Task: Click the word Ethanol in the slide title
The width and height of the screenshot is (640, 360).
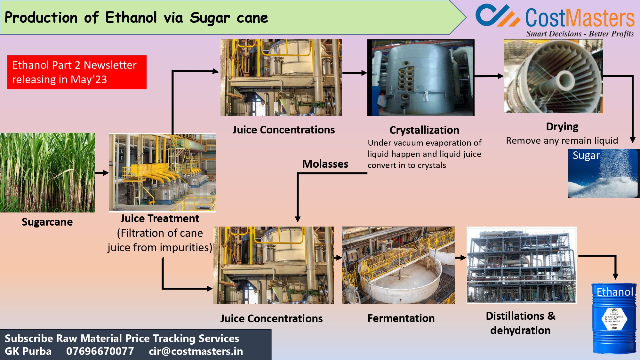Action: pyautogui.click(x=131, y=18)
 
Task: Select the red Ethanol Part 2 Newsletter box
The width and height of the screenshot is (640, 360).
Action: pyautogui.click(x=77, y=72)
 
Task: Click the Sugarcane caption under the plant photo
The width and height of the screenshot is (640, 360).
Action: pyautogui.click(x=47, y=222)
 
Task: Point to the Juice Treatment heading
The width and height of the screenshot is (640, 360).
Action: pyautogui.click(x=160, y=219)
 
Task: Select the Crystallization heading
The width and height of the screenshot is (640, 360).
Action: pyautogui.click(x=424, y=130)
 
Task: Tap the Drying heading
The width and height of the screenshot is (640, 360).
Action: pyautogui.click(x=562, y=127)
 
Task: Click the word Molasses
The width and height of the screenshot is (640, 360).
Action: pyautogui.click(x=325, y=164)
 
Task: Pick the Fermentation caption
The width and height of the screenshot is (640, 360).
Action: pyautogui.click(x=401, y=318)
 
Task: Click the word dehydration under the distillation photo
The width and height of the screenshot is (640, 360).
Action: pyautogui.click(x=520, y=330)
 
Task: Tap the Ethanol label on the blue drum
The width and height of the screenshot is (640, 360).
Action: pyautogui.click(x=614, y=292)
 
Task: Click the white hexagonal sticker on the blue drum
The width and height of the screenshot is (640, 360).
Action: pyautogui.click(x=614, y=319)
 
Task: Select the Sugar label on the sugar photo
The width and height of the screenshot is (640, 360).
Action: pyautogui.click(x=586, y=155)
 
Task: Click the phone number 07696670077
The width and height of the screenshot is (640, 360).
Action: pyautogui.click(x=100, y=351)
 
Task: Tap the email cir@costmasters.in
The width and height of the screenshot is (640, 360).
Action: pyautogui.click(x=196, y=351)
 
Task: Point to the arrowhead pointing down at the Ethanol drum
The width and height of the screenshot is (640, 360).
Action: pyautogui.click(x=615, y=276)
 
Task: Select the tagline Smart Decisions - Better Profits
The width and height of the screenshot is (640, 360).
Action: pyautogui.click(x=580, y=34)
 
